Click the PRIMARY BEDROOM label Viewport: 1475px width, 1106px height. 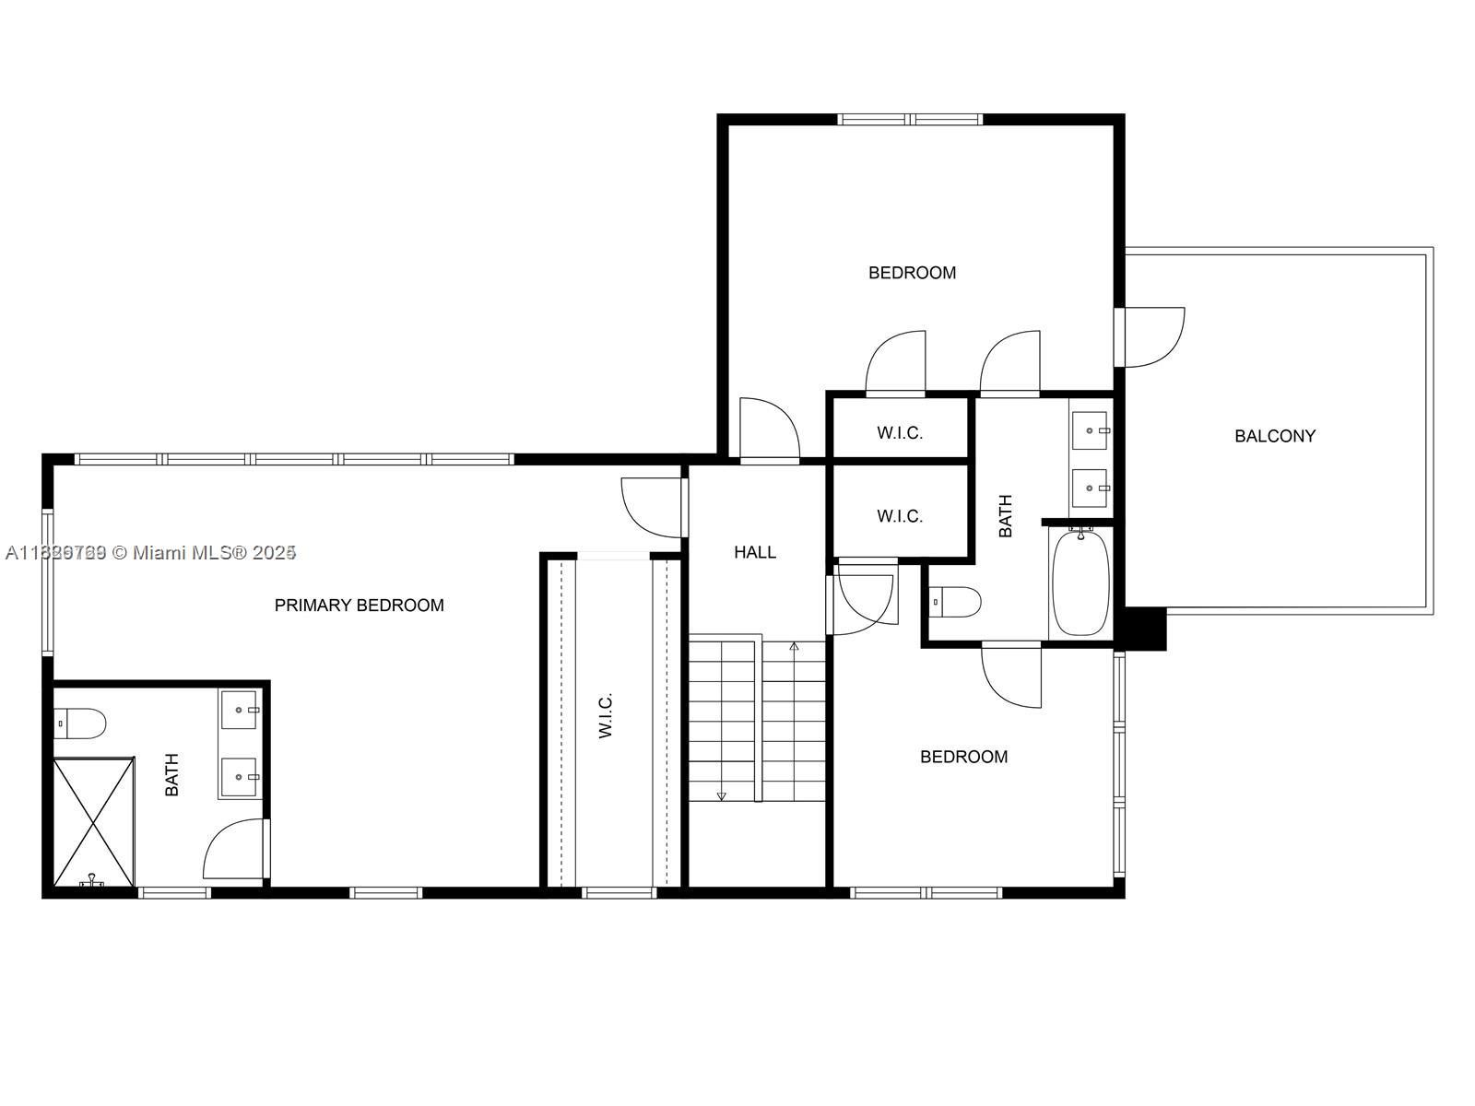coord(359,605)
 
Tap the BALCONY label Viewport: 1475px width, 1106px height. coord(1275,436)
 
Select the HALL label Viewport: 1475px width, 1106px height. coord(754,552)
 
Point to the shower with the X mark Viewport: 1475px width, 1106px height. coord(93,821)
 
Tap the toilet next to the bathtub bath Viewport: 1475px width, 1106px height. coord(955,602)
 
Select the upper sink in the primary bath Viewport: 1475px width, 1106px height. coord(242,710)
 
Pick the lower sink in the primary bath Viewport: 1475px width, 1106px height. coord(242,777)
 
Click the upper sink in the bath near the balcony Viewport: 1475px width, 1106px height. coord(1091,430)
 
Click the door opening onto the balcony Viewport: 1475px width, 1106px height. coord(1150,336)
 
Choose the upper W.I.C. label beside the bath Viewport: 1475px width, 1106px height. coord(900,433)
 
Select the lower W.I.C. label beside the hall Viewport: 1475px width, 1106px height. coord(900,516)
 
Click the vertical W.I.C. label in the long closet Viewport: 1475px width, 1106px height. coord(606,715)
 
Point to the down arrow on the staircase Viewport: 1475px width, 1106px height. coord(721,794)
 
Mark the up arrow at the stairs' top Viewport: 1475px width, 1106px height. coord(794,647)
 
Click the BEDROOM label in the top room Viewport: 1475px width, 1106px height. coord(912,273)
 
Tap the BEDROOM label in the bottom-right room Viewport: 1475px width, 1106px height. coord(963,757)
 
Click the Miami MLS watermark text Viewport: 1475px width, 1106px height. coord(151,552)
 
